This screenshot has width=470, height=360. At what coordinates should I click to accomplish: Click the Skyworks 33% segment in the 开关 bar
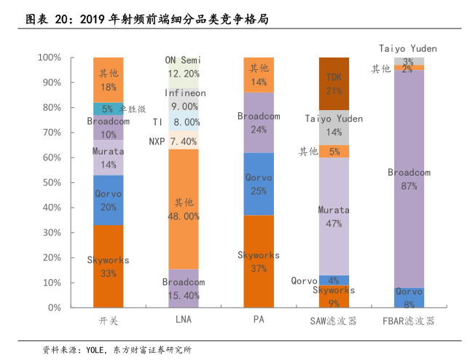(108, 267)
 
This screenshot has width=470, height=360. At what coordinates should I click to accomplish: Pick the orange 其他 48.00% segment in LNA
(184, 209)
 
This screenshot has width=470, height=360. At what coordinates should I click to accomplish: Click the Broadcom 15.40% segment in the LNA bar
(184, 289)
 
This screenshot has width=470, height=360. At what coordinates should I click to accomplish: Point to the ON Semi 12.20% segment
(184, 68)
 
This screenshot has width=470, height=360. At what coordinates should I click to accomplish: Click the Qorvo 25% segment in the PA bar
(259, 184)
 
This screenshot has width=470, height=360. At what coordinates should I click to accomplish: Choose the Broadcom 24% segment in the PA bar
(259, 122)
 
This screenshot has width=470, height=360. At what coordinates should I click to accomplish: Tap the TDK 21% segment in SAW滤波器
(334, 83)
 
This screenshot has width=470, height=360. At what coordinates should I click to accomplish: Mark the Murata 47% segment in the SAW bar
(334, 216)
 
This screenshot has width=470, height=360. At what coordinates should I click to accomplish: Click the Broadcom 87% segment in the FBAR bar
(409, 179)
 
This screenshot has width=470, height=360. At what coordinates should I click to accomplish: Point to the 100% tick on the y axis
(70, 58)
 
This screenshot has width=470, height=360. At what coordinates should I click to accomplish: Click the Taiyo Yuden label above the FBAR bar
(408, 48)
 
